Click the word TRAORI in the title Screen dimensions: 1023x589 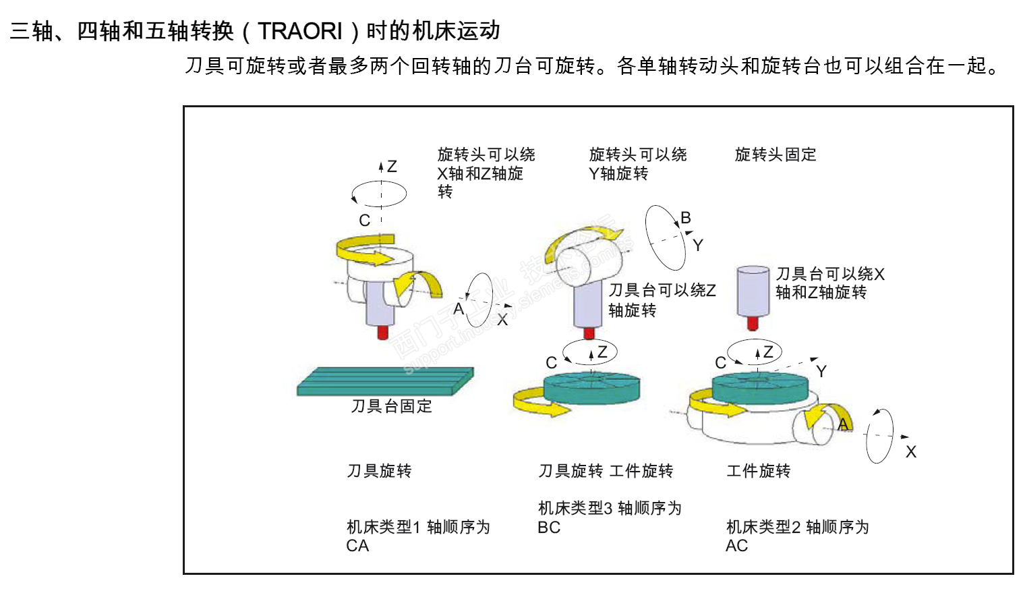(300, 31)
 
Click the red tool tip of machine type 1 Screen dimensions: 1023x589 (383, 332)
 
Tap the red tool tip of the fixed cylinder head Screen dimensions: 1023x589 (753, 324)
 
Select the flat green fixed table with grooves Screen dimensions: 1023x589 (385, 381)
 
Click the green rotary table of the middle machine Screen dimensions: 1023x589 (591, 389)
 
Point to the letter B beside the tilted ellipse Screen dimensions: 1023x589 (686, 218)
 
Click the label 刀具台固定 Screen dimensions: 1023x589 (391, 405)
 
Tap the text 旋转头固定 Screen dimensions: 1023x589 (775, 155)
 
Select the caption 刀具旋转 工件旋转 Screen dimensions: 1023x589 (606, 471)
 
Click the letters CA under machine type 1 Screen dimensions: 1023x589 (357, 546)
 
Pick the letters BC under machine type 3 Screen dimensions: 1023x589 (548, 528)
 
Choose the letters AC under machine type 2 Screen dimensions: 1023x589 (736, 546)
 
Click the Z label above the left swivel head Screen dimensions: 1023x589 (392, 167)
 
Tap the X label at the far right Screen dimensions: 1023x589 (910, 452)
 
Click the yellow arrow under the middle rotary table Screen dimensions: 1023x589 (539, 402)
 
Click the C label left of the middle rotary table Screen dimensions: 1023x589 (551, 363)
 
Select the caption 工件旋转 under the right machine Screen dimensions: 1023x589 (758, 471)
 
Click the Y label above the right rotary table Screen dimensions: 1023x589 (821, 372)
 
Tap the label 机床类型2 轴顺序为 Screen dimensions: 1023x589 (797, 528)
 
